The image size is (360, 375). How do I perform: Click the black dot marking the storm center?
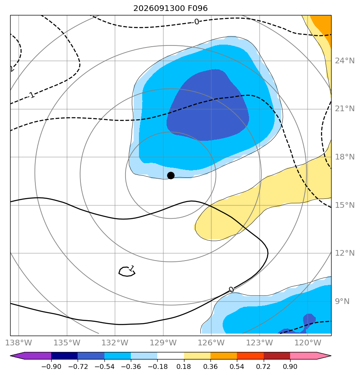click(171, 175)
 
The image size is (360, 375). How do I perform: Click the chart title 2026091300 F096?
click(170, 9)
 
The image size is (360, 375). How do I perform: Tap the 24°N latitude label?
click(345, 61)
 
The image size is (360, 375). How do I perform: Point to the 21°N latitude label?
click(345, 109)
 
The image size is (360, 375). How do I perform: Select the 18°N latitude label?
click(345, 157)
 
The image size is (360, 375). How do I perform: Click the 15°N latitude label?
click(345, 205)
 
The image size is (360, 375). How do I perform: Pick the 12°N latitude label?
click(345, 253)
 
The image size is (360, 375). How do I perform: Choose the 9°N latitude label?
click(342, 301)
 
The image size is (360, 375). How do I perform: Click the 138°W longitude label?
click(19, 343)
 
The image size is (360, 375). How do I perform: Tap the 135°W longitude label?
click(67, 343)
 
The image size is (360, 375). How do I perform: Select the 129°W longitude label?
click(163, 343)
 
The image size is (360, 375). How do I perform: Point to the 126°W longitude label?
click(211, 343)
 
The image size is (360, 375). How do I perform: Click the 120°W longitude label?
click(308, 343)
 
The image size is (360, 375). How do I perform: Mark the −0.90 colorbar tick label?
click(51, 366)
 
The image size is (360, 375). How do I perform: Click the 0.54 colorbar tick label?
click(237, 366)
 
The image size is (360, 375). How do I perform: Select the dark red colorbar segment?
click(277, 356)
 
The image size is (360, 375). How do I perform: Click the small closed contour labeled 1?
click(127, 272)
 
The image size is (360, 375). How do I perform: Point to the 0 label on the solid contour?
click(231, 290)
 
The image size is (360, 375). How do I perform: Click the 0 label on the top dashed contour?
click(197, 22)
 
